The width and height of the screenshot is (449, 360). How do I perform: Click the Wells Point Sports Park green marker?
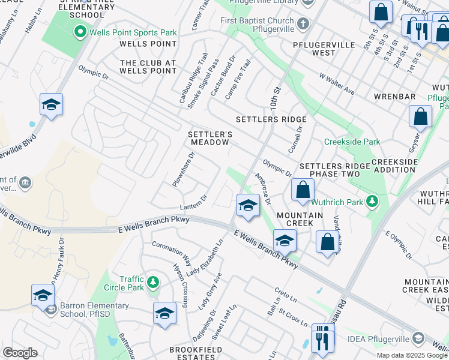79,31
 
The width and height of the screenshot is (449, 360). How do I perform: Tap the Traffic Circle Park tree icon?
153,281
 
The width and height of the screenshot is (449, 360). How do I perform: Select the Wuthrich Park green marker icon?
373,202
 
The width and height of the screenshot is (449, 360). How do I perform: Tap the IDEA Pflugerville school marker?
418,339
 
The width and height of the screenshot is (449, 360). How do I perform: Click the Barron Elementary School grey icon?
51,310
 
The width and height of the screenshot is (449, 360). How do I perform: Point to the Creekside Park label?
352,142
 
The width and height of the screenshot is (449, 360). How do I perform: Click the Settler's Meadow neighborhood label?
209,138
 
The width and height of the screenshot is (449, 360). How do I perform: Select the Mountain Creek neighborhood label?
300,219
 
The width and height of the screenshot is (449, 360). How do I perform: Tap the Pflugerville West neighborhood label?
314,49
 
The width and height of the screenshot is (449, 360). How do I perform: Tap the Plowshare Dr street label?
184,169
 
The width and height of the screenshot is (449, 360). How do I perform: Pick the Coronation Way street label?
171,253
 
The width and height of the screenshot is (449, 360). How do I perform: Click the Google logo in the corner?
20,352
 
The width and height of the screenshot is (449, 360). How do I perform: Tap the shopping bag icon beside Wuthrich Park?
303,190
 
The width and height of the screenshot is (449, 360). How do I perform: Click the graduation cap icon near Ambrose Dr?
247,206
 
